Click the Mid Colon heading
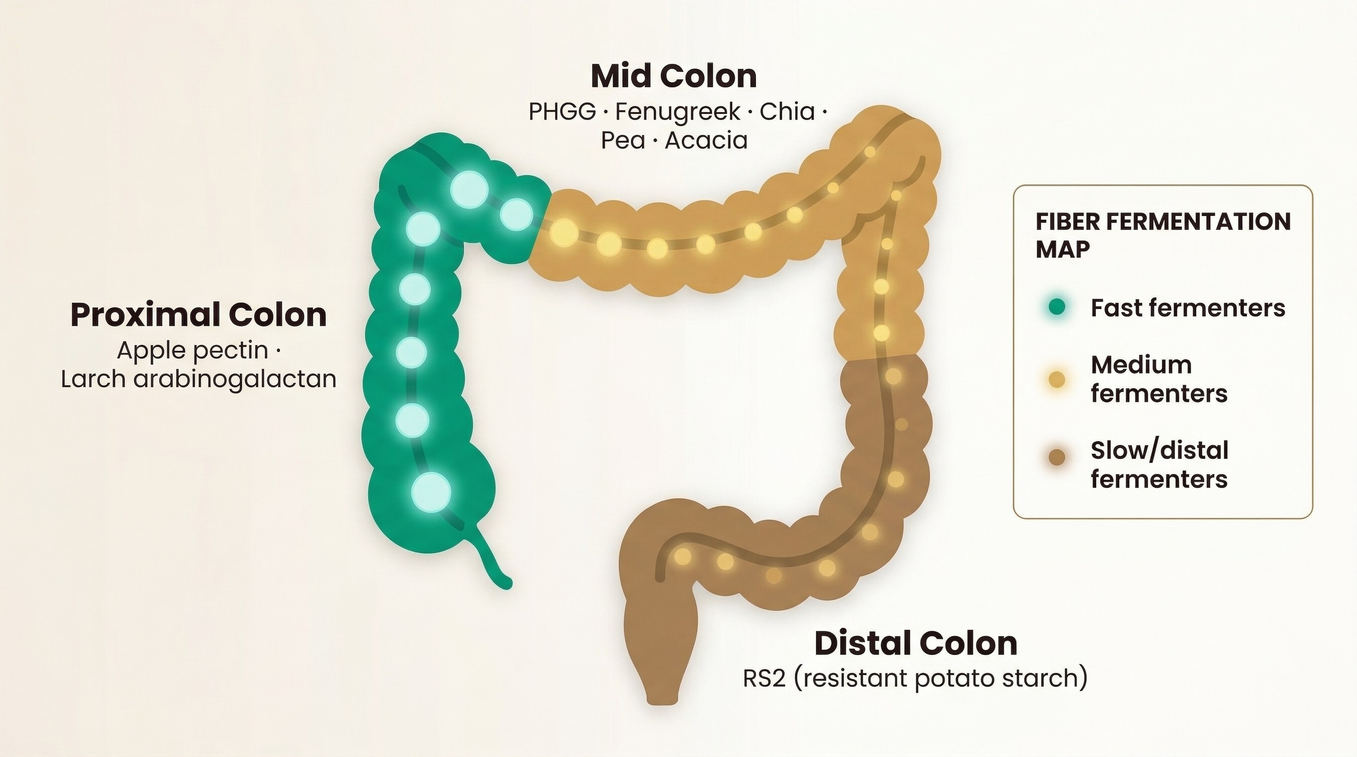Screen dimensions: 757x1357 (674, 76)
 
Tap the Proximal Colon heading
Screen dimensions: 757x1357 (198, 315)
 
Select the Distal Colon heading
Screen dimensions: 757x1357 (916, 643)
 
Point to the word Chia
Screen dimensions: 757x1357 (787, 112)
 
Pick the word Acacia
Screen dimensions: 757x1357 (706, 141)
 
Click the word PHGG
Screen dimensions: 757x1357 (562, 112)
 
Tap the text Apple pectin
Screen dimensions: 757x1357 (192, 350)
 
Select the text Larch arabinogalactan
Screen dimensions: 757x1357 (198, 379)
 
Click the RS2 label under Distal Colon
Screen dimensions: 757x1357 (915, 678)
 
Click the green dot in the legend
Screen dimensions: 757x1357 (1057, 307)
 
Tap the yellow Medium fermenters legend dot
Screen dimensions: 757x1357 (1057, 380)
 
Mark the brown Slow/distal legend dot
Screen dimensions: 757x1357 (1057, 457)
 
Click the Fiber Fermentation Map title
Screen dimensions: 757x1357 (1162, 235)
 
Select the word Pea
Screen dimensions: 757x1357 (623, 141)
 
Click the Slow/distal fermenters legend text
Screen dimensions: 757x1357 (1159, 465)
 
